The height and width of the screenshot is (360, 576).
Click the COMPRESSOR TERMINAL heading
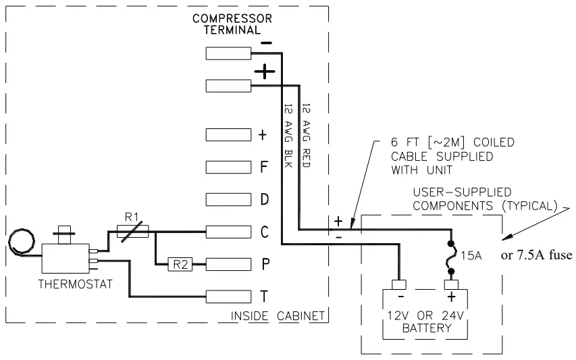pyautogui.click(x=232, y=24)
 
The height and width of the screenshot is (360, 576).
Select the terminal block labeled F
pyautogui.click(x=228, y=167)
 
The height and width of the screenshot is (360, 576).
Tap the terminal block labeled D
pyautogui.click(x=228, y=199)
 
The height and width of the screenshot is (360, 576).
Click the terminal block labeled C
pyautogui.click(x=228, y=232)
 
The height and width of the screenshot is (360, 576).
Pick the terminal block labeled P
pyautogui.click(x=228, y=263)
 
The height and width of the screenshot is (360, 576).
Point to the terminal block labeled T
pyautogui.click(x=228, y=295)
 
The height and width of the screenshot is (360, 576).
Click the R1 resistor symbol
pyautogui.click(x=132, y=232)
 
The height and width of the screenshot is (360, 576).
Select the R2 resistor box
pyautogui.click(x=180, y=264)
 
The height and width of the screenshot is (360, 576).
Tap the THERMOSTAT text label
pyautogui.click(x=66, y=284)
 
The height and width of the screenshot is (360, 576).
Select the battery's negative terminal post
pyautogui.click(x=398, y=284)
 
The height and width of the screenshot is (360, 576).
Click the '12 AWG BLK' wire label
pyautogui.click(x=287, y=138)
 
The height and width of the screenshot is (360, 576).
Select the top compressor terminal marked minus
pyautogui.click(x=228, y=53)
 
